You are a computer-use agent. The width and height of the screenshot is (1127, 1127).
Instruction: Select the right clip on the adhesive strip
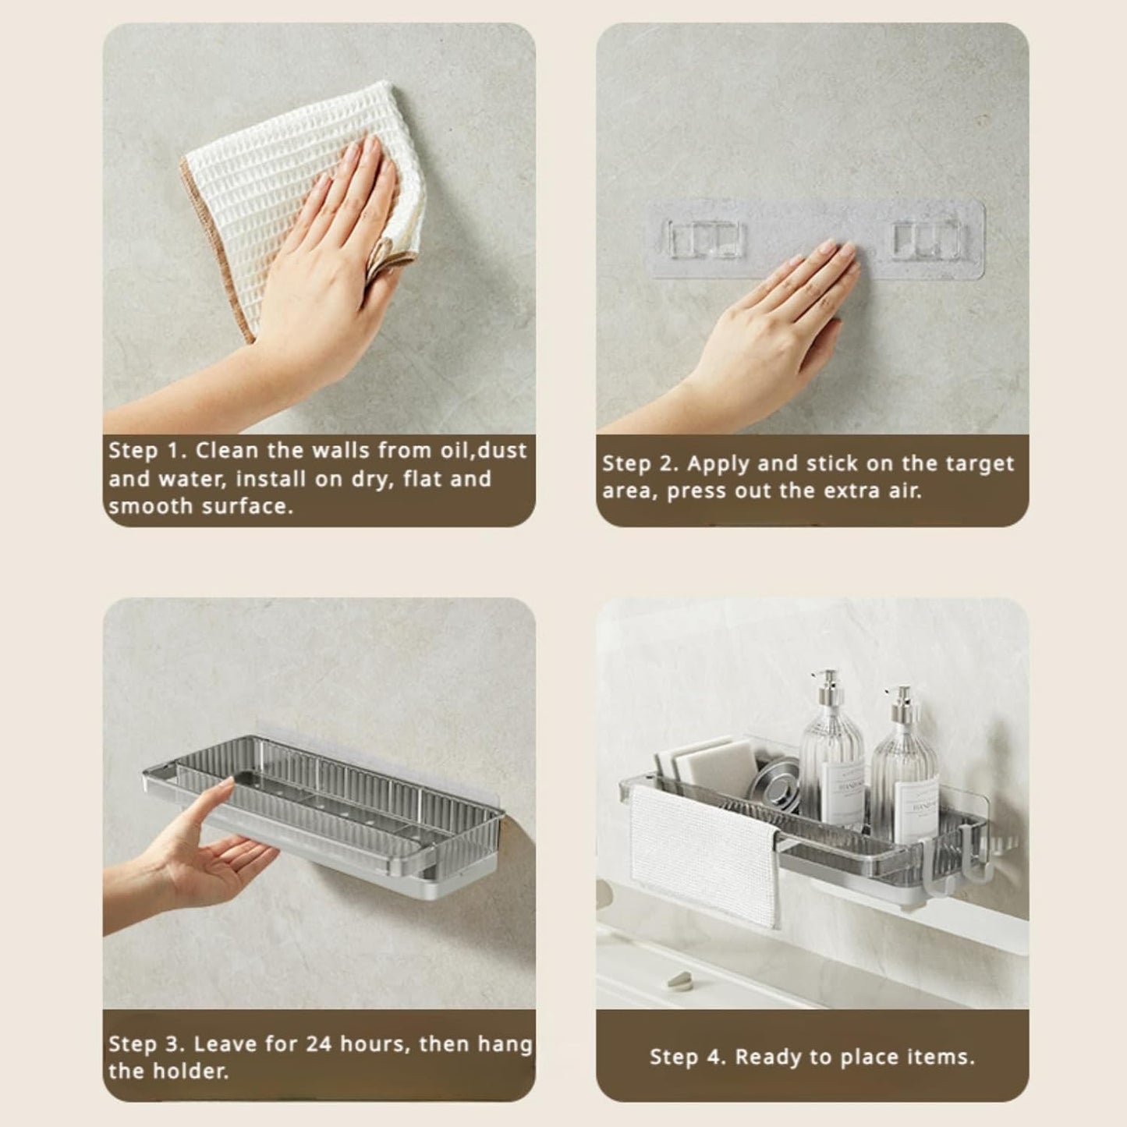pyautogui.click(x=927, y=239)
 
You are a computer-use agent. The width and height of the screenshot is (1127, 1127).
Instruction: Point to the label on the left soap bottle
pyautogui.click(x=843, y=789)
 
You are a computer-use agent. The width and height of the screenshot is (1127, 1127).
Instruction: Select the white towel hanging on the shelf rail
pyautogui.click(x=704, y=855)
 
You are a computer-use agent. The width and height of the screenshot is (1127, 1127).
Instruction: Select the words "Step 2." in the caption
pyautogui.click(x=642, y=464)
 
